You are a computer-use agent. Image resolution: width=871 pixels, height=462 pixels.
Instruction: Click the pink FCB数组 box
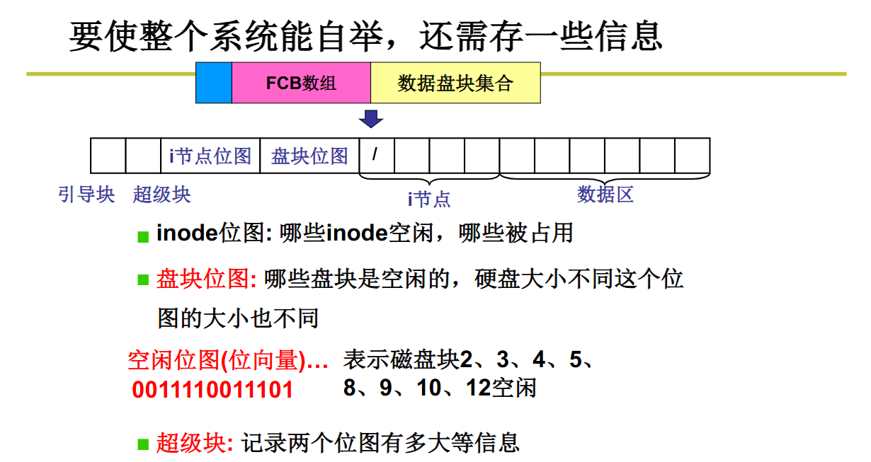(x=301, y=83)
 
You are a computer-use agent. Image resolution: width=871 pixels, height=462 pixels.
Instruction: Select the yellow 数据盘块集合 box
(x=455, y=83)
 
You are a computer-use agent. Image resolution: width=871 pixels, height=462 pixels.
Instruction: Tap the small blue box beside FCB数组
(x=214, y=83)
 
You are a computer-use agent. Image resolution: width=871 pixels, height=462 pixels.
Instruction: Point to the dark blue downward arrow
(x=370, y=118)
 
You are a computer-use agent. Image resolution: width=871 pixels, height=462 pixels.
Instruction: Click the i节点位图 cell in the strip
(x=210, y=156)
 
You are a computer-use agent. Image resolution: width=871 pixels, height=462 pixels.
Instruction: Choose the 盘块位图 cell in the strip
(x=309, y=156)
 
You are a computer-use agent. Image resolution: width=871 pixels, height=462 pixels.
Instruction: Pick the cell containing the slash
(x=376, y=155)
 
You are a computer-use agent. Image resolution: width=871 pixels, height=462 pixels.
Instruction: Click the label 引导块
(x=86, y=194)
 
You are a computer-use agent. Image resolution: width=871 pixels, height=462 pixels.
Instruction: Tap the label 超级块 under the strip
(x=161, y=194)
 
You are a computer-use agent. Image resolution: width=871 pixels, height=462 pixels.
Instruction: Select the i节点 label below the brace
(x=429, y=199)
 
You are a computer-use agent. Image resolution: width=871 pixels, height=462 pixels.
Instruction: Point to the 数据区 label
(x=605, y=194)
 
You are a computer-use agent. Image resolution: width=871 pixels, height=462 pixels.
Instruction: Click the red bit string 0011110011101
(x=212, y=389)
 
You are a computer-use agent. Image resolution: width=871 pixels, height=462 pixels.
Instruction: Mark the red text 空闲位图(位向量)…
(x=228, y=361)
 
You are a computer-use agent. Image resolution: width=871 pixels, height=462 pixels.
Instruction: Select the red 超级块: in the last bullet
(x=194, y=444)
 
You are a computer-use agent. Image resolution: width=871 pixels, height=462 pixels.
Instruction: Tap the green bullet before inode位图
(x=143, y=236)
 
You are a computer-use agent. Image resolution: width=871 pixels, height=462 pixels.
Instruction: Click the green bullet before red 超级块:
(x=143, y=444)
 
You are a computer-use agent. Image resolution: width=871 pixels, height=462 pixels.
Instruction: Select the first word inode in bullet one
(x=186, y=233)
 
